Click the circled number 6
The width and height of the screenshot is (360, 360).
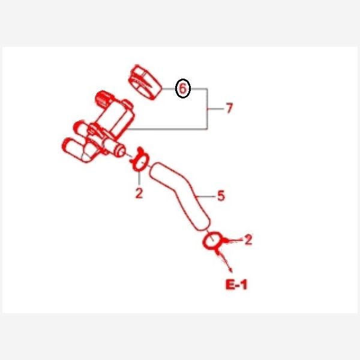183,88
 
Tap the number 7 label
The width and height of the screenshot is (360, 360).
229,108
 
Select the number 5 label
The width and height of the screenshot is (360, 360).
221,196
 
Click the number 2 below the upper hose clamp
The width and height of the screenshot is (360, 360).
139,193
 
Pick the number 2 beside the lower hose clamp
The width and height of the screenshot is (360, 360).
248,239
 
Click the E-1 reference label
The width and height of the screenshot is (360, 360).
236,284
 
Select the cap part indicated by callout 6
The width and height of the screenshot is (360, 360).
145,82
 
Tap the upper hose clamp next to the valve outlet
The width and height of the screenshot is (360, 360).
139,160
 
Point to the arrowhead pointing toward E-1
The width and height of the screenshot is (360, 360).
230,270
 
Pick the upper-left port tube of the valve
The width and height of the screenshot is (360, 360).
81,128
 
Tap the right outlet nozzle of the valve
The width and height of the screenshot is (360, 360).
115,148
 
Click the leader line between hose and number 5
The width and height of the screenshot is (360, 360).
205,196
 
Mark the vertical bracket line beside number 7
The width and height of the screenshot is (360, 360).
208,109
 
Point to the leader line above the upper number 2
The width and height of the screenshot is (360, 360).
139,178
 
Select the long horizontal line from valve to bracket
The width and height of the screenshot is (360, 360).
167,129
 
